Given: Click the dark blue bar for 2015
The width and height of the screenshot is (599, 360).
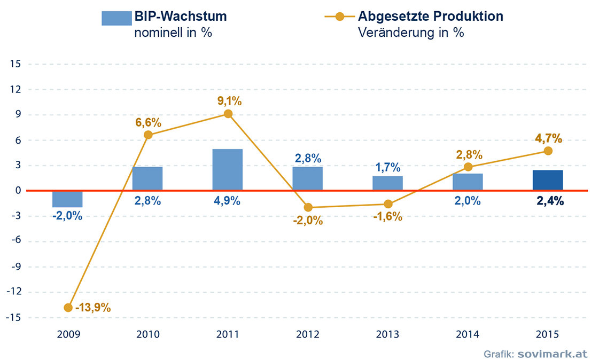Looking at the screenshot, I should click(548, 180).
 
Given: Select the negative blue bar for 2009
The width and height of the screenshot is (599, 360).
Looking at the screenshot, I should click(67, 199).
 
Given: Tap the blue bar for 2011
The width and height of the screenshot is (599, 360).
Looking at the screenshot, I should click(228, 169).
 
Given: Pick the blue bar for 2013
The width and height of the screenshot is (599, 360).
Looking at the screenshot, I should click(387, 183).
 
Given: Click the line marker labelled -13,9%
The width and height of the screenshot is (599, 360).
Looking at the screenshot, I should click(68, 308).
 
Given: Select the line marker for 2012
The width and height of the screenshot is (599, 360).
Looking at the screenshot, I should click(308, 207).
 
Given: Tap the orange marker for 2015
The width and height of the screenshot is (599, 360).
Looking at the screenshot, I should click(548, 151).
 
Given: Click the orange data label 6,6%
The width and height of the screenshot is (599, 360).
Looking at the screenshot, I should click(148, 122).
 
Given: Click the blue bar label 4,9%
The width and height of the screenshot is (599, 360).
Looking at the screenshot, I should click(228, 201).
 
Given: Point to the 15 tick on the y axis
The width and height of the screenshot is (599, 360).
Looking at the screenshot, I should click(15, 64).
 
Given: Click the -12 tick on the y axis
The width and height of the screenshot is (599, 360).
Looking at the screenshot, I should click(13, 292).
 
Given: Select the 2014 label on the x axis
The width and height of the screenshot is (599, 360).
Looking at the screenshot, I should click(468, 335).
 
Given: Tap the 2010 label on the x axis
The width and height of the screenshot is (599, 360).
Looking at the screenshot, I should click(148, 335).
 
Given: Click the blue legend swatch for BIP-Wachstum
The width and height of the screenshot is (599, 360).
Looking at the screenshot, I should click(116, 18).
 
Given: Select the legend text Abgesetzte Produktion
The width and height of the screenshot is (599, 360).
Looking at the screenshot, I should click(431, 16).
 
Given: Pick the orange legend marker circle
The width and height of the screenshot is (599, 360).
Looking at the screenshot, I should click(340, 16).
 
